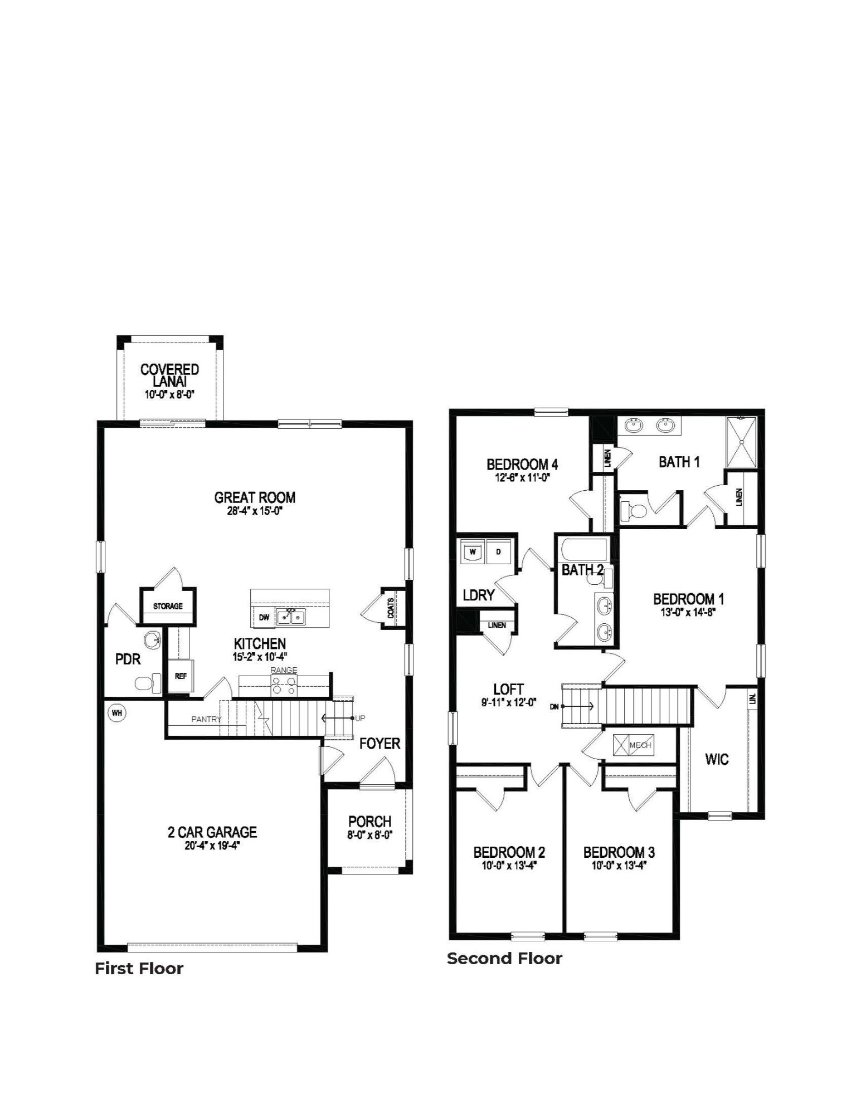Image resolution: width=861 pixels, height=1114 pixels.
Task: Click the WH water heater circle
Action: (116, 712)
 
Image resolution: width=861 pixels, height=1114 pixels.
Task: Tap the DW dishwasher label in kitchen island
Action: (264, 617)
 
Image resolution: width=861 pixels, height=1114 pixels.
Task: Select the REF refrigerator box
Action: (181, 676)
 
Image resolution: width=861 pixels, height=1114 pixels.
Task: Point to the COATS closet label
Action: (390, 608)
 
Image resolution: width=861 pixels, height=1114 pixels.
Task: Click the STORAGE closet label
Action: (168, 606)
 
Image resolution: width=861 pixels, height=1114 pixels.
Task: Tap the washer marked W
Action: (473, 551)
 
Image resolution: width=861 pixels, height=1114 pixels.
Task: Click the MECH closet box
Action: (632, 745)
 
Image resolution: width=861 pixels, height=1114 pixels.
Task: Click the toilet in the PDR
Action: (148, 683)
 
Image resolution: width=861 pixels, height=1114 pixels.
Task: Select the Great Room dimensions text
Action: (255, 511)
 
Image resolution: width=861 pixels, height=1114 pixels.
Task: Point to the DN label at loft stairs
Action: (554, 707)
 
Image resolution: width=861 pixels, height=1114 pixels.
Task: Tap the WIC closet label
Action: (717, 759)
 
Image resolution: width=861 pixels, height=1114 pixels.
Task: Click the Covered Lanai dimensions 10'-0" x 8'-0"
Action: (169, 394)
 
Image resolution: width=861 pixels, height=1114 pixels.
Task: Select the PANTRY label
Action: (206, 719)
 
